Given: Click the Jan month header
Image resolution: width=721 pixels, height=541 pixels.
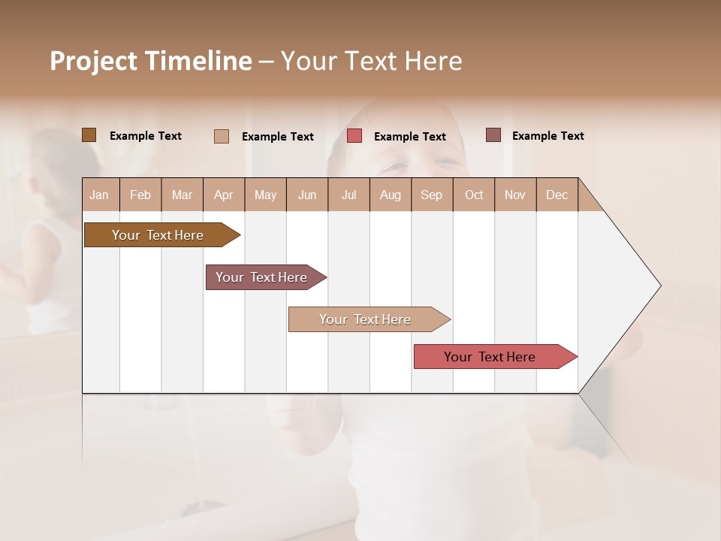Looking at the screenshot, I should [99, 195].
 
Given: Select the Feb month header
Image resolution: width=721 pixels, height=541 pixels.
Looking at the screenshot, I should [140, 195].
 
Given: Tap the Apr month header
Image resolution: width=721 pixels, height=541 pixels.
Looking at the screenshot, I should [223, 195].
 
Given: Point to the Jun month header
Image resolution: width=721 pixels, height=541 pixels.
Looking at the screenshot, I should [307, 195].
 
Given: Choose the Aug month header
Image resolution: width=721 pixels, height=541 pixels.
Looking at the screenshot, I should [390, 195].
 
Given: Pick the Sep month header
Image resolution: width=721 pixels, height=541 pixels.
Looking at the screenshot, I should [431, 195].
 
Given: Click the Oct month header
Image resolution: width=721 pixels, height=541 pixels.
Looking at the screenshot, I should [474, 195].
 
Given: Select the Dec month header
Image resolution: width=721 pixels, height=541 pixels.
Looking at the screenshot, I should [557, 195].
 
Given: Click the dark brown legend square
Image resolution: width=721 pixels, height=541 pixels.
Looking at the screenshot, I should [89, 135].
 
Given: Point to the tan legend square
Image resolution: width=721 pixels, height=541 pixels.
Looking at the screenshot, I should [222, 136].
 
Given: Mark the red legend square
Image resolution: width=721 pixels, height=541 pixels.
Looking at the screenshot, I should [354, 136].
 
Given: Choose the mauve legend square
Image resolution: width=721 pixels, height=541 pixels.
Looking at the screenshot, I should [493, 135].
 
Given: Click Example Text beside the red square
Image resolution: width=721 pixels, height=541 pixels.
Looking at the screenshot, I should [409, 137].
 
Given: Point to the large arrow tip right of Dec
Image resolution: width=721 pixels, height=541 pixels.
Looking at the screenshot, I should [631, 286].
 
